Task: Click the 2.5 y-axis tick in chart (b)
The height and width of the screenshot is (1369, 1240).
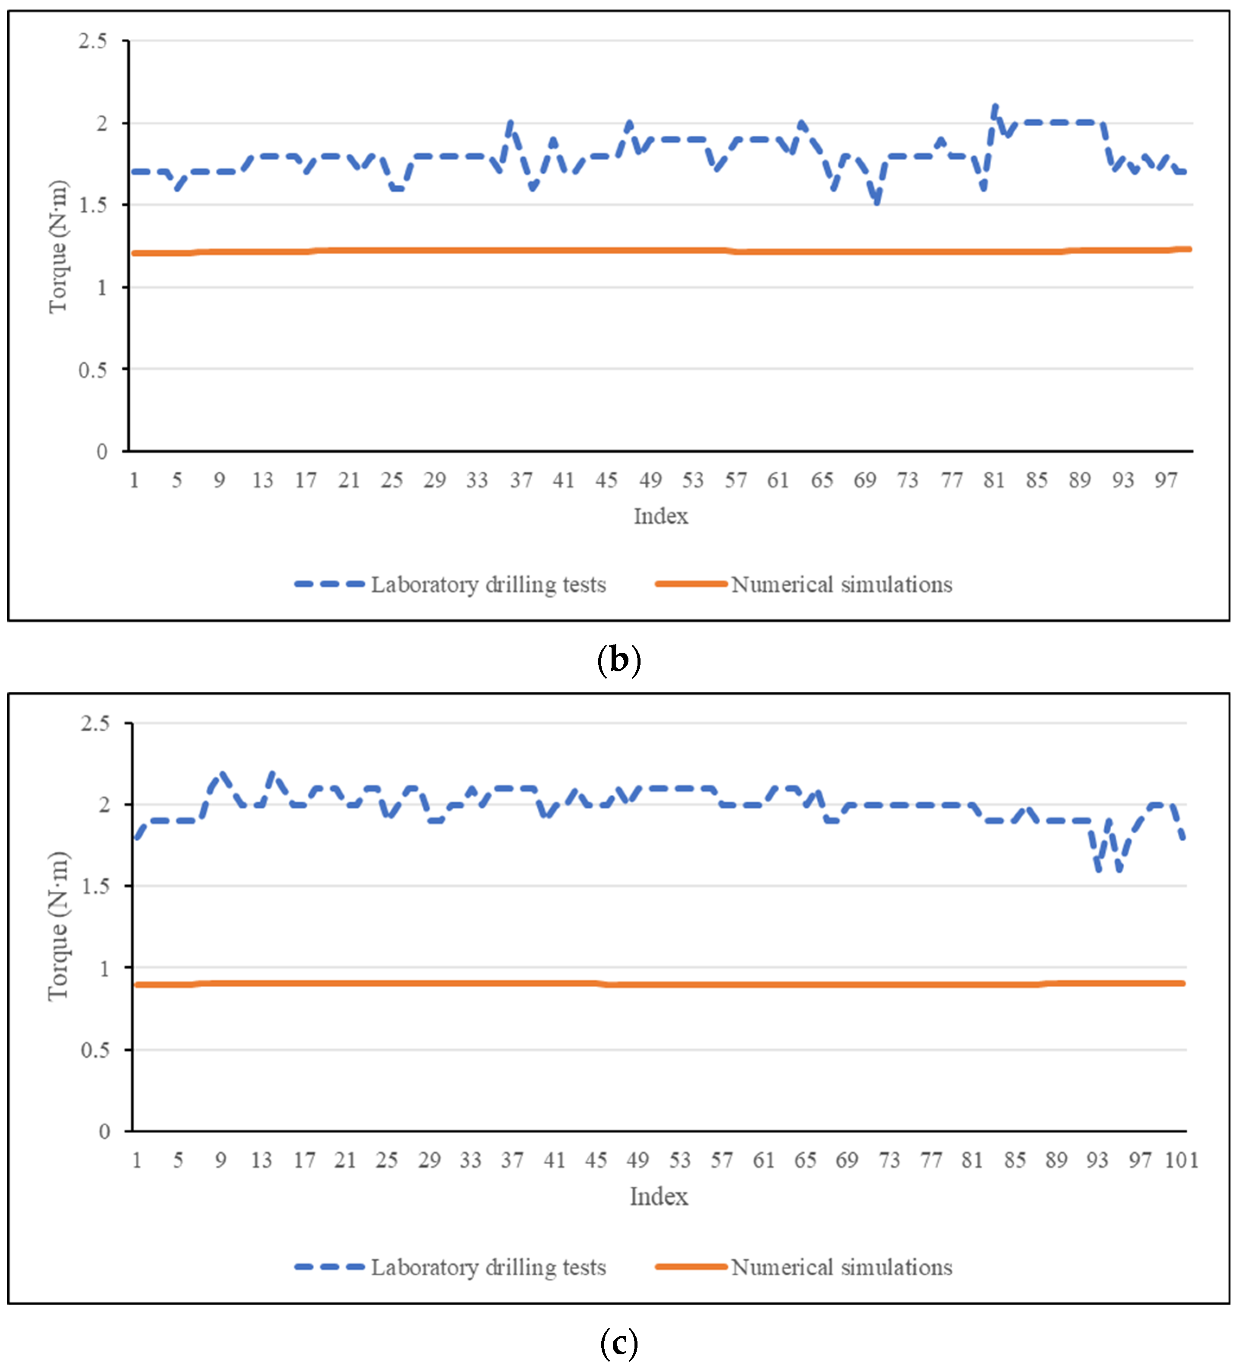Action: (92, 41)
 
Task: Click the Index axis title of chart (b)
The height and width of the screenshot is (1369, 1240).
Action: (660, 517)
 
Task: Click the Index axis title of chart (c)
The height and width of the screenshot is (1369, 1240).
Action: (658, 1197)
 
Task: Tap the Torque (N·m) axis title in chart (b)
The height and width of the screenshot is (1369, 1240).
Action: (58, 247)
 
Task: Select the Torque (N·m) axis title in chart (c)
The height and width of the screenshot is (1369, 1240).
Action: (58, 926)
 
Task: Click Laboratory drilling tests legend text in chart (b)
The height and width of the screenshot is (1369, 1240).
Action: (488, 584)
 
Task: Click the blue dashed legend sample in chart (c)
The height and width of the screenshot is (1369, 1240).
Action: (329, 1267)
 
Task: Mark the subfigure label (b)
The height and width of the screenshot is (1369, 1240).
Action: (618, 660)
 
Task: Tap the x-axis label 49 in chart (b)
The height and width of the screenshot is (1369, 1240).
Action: (650, 481)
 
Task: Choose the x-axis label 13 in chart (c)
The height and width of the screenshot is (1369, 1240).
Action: (261, 1160)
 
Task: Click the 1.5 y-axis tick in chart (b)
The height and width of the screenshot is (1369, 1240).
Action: (92, 205)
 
